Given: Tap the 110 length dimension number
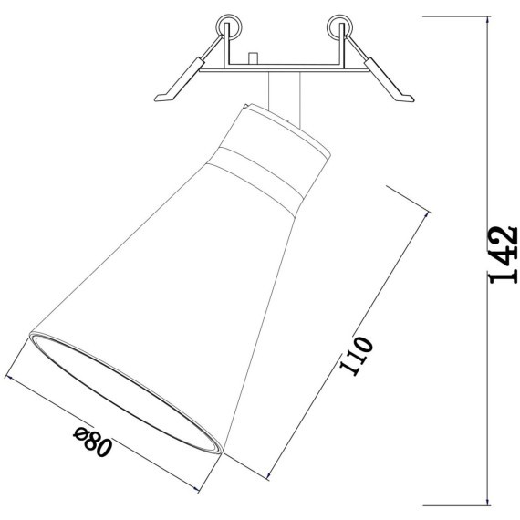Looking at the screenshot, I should coord(357,357).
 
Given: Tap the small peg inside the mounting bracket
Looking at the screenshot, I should coord(253,59).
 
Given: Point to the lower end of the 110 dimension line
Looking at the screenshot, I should coord(271,475).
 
